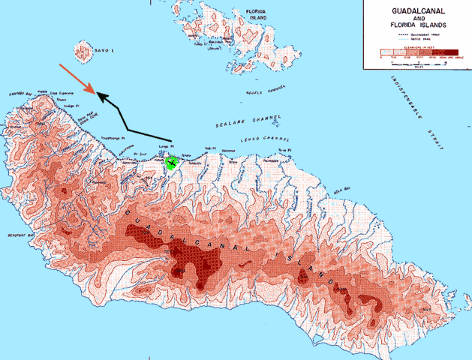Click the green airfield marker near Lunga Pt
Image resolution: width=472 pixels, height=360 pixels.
173,163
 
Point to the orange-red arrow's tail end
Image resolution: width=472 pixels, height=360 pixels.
59,64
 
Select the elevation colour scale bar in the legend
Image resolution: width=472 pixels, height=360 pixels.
416,54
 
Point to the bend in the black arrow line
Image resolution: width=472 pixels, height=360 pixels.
126,130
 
